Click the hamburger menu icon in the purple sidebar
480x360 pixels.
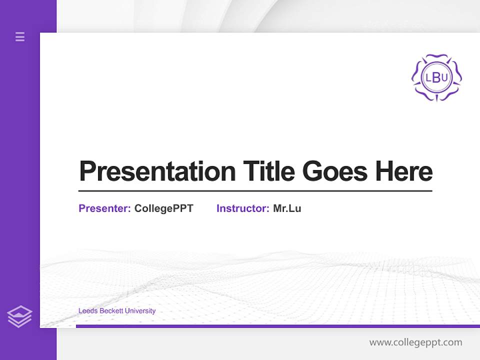point(20,36)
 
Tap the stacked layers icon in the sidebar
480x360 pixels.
point(19,316)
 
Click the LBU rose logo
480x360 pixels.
point(436,77)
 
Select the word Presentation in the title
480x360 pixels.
point(157,171)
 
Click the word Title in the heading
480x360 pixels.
point(268,171)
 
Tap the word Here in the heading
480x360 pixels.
point(404,171)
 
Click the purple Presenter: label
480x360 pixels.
point(105,208)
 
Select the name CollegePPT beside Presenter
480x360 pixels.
point(163,208)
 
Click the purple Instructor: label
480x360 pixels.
point(243,208)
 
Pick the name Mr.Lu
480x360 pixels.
point(287,208)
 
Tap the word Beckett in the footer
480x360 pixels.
point(110,311)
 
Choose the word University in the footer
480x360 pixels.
point(140,311)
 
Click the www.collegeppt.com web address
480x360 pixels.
point(415,342)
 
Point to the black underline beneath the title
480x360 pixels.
point(255,191)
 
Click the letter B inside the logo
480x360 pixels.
point(436,77)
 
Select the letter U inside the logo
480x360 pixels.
point(444,77)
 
